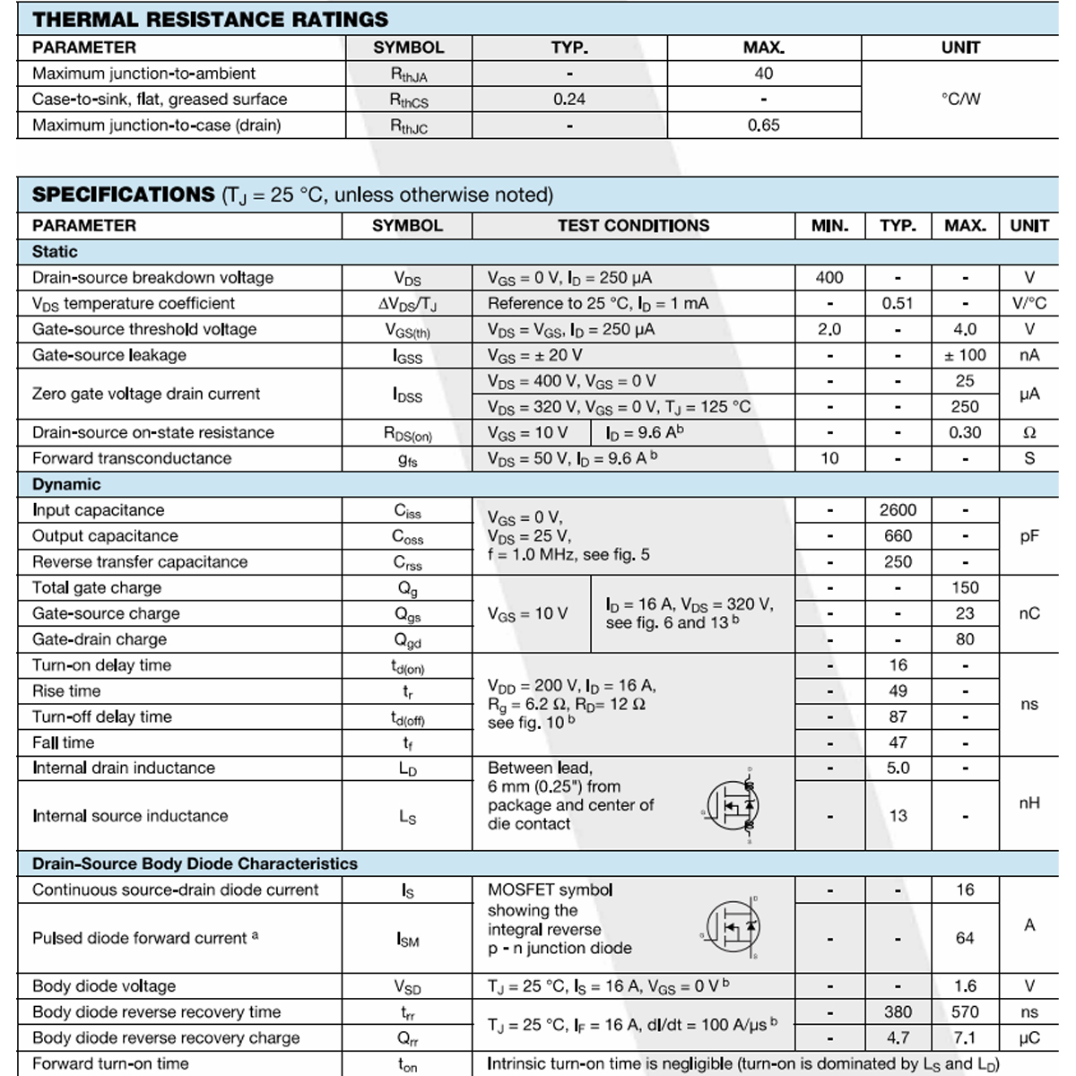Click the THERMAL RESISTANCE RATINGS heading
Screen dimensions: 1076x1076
210,19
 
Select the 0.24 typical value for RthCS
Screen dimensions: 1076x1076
569,99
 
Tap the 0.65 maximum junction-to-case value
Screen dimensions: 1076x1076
763,125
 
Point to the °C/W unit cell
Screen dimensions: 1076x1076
960,99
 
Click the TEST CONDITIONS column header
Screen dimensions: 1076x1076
633,225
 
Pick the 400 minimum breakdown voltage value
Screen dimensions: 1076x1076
829,277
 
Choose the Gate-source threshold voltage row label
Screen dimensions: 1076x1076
144,329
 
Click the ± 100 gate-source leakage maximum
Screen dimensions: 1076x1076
965,355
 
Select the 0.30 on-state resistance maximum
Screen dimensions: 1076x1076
965,432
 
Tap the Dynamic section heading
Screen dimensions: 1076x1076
66,484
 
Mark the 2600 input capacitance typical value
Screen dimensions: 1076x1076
898,510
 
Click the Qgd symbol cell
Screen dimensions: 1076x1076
407,640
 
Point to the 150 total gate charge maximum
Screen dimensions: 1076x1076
965,587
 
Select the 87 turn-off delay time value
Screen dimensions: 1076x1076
898,716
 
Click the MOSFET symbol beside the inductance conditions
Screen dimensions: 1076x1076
733,805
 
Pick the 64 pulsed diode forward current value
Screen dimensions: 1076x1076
965,938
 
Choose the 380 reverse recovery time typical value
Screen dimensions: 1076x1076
898,1011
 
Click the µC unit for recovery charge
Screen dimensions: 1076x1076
1029,1037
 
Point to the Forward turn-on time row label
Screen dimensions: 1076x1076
110,1063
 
